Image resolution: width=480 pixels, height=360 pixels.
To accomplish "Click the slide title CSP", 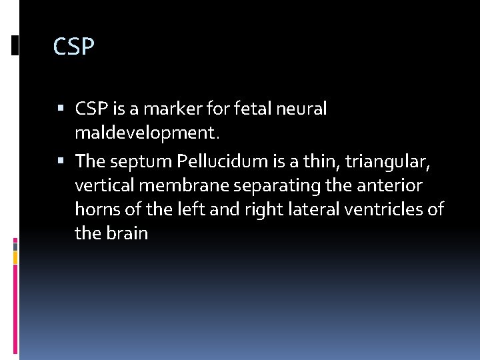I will (x=74, y=47).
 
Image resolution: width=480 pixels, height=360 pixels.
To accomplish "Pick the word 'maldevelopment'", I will (x=145, y=133).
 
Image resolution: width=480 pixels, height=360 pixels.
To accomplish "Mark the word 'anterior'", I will (x=393, y=186).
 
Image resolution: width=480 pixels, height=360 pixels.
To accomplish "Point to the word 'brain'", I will (x=127, y=234).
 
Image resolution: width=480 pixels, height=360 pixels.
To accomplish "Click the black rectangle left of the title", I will (x=15, y=45).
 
